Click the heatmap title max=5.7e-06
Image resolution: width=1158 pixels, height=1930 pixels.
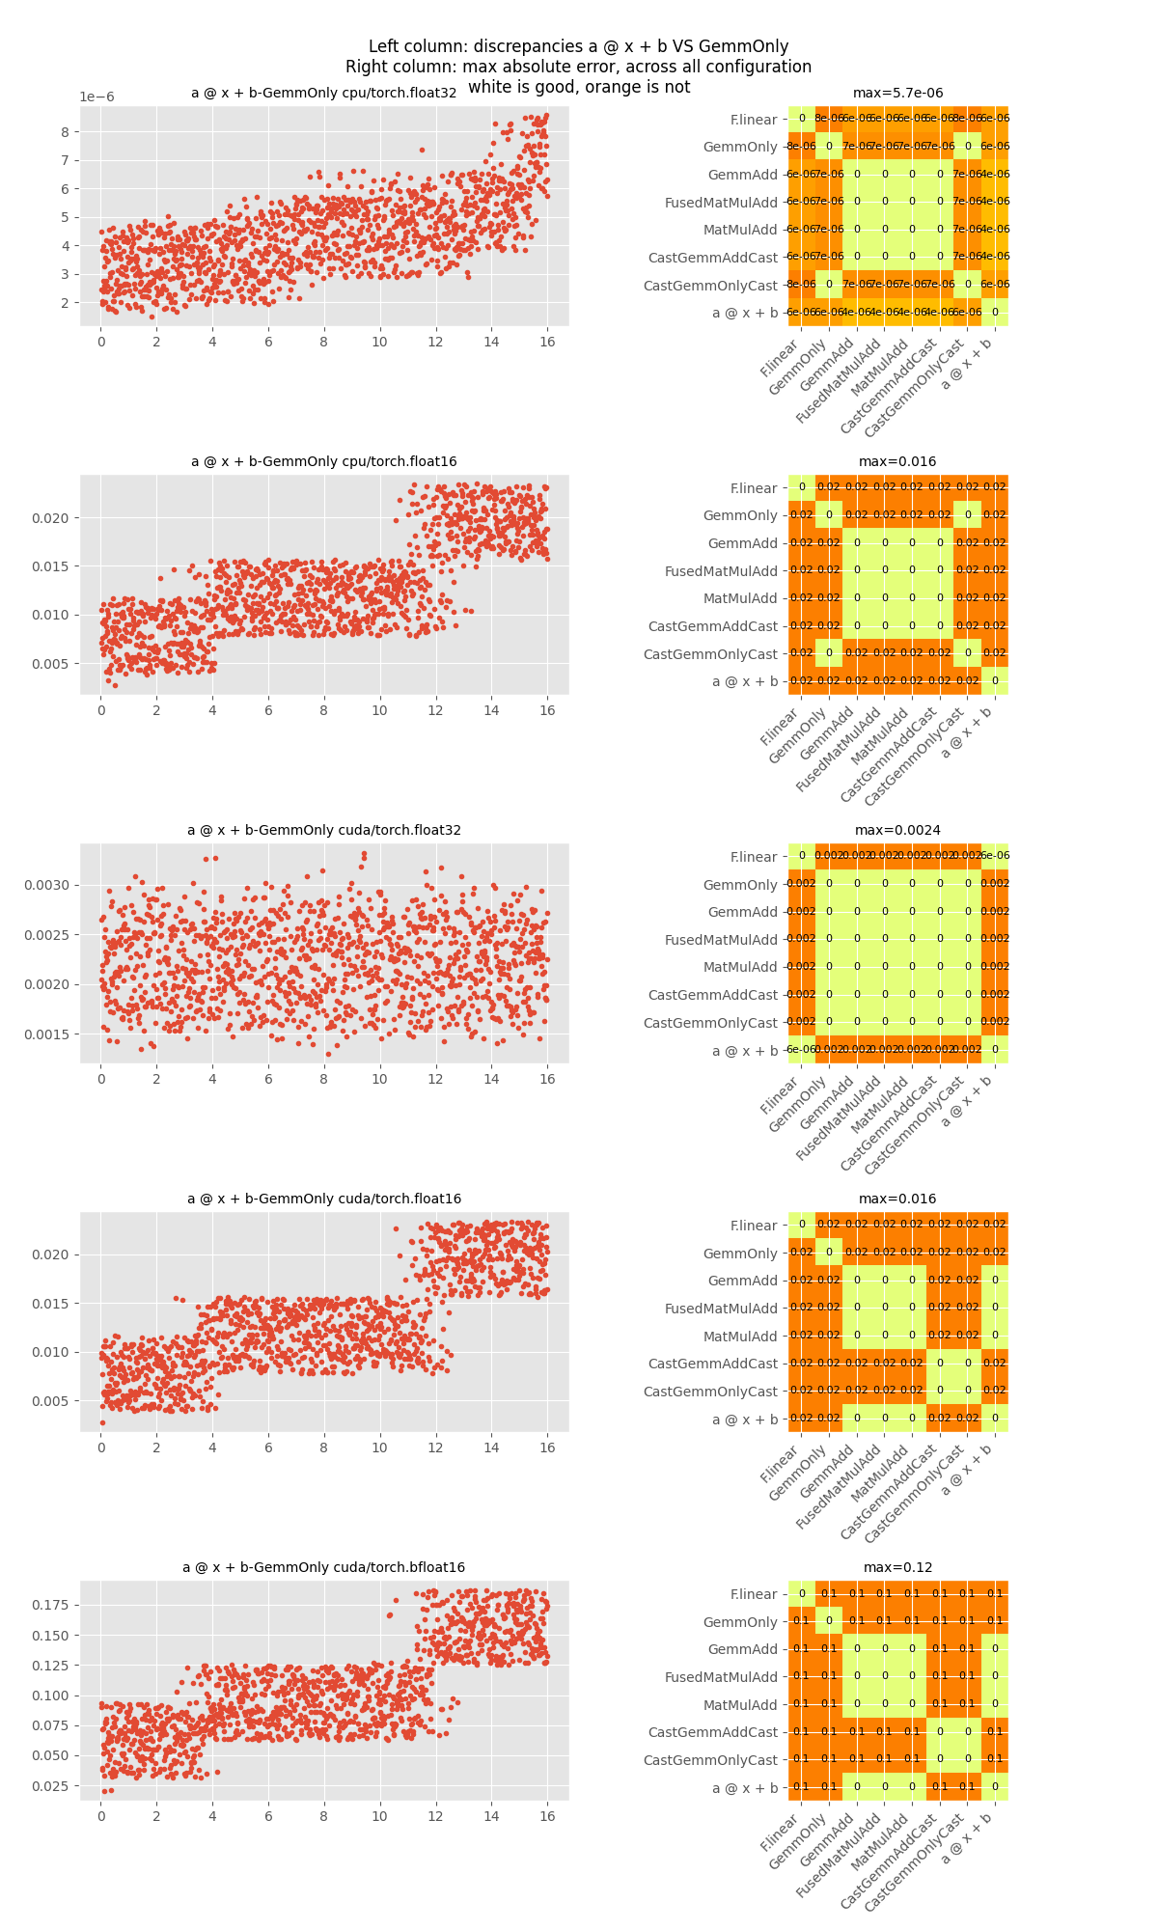pos(897,94)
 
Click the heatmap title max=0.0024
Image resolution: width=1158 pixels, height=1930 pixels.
pos(897,831)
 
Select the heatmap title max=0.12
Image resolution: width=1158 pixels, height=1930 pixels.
pos(897,1568)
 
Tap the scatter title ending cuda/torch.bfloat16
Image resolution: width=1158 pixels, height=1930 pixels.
pos(324,1568)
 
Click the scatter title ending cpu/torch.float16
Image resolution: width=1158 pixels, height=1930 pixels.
pos(324,462)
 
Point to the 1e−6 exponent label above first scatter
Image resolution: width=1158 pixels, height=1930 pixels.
pos(96,97)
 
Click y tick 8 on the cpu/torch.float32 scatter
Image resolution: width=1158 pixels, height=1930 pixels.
pos(64,132)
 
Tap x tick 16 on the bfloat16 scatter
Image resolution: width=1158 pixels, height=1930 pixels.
pos(547,1817)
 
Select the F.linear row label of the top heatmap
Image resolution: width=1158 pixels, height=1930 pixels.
pos(753,121)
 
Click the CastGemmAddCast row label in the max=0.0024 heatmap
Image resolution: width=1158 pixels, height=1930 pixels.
pos(712,995)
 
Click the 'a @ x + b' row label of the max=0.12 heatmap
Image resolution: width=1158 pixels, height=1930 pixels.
pos(744,1788)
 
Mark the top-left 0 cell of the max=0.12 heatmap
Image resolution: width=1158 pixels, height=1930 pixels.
pos(801,1594)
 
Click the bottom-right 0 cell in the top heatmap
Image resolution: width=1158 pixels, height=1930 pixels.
pos(995,313)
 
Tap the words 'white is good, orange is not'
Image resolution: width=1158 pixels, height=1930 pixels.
pos(579,88)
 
